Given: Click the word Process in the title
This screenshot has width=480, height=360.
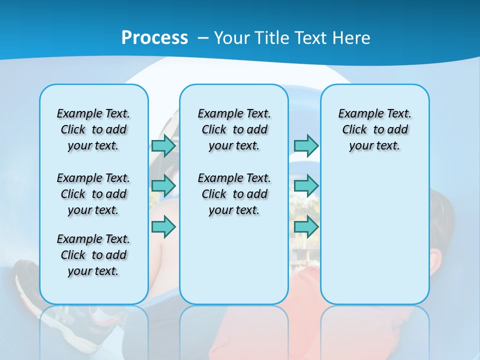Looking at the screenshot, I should coord(154,37).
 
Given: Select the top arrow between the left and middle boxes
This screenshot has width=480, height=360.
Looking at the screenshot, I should coord(163,146).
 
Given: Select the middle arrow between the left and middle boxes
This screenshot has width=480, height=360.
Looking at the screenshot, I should coord(163,186).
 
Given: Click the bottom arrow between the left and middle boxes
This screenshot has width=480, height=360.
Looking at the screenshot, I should coord(163,226).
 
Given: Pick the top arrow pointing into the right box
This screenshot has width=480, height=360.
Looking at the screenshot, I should coord(306,146).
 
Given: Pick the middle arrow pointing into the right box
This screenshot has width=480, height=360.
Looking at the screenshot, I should coord(306,186).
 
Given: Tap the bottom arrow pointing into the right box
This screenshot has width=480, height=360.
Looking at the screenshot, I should coord(306,226).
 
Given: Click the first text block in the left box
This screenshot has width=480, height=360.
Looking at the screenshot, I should coord(93,129).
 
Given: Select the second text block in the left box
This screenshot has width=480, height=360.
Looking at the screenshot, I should coord(93,194).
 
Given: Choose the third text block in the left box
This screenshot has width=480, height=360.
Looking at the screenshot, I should coord(93,255).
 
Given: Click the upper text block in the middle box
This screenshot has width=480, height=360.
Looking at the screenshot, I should coord(234,129).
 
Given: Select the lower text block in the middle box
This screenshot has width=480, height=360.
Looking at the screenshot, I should coord(234,194).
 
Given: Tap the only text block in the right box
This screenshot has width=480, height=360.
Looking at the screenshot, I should coord(375,129).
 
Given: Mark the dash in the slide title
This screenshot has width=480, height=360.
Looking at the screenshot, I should coord(202,38).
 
